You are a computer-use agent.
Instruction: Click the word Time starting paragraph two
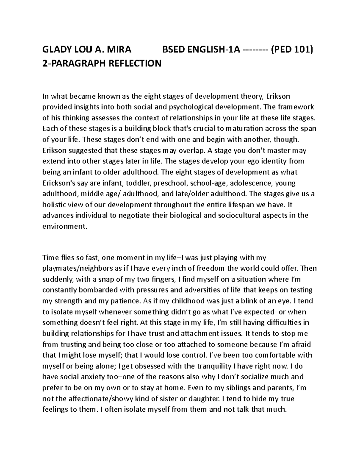coord(49,257)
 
